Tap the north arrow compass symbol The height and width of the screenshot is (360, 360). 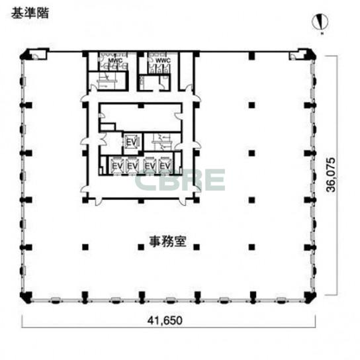(x=320, y=22)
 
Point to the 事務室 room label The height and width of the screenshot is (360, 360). (x=165, y=242)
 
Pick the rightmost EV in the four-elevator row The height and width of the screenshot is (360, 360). (x=165, y=164)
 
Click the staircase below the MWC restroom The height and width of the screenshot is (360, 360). (x=106, y=77)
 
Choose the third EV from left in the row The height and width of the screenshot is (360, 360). (x=150, y=164)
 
